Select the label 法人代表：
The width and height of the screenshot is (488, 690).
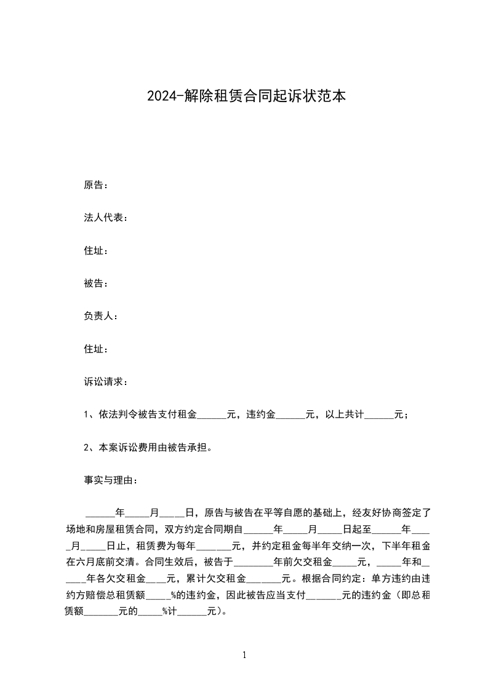click(106, 218)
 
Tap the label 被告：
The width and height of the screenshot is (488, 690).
click(96, 284)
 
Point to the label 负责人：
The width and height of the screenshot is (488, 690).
click(101, 316)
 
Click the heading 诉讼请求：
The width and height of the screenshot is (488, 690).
click(106, 382)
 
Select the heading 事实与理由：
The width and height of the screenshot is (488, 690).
click(111, 480)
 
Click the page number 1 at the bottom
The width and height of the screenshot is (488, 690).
click(244, 656)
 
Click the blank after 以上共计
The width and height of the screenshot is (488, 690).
click(379, 415)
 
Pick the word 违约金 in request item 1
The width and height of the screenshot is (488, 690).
click(261, 415)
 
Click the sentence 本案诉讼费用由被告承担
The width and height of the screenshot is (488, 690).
click(153, 448)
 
